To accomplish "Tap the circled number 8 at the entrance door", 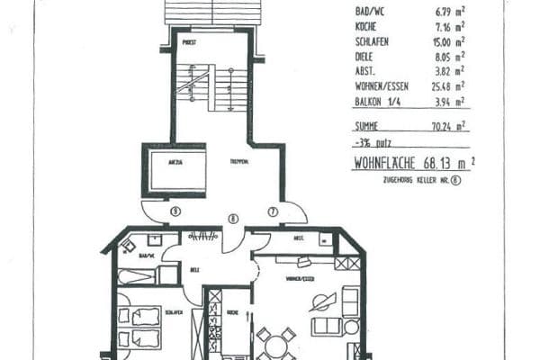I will click(x=232, y=219).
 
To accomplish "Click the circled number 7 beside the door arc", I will click(x=272, y=211).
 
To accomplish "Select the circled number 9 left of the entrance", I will click(x=175, y=211).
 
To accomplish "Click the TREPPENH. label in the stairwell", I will click(x=238, y=161).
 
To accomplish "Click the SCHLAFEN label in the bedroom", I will click(x=175, y=312).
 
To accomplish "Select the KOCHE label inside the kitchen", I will click(x=232, y=312).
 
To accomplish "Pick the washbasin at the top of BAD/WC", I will click(x=155, y=240).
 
